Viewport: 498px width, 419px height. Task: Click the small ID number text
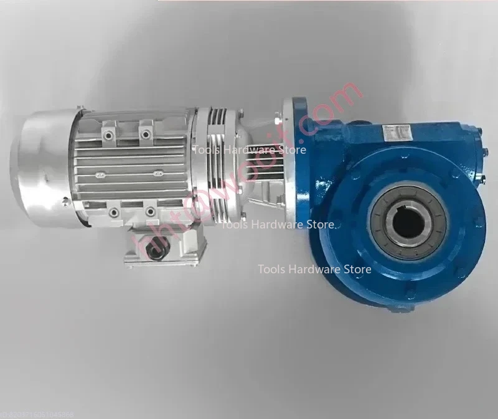click(x=37, y=413)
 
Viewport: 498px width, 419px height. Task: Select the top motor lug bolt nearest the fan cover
click(x=110, y=133)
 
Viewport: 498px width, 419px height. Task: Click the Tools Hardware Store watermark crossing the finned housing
click(x=250, y=149)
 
